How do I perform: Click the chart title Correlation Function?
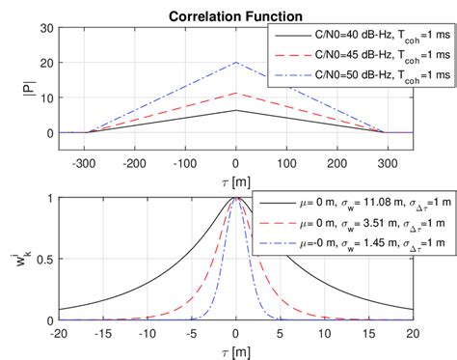tap(235, 15)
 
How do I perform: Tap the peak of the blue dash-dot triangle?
tap(236, 63)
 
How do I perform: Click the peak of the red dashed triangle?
tap(236, 94)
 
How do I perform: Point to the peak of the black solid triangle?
tap(236, 110)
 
